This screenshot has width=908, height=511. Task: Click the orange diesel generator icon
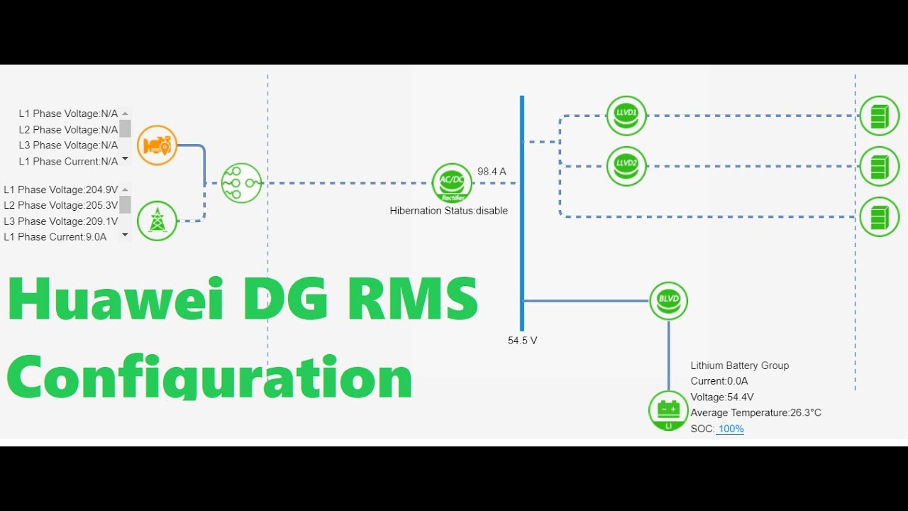pyautogui.click(x=157, y=145)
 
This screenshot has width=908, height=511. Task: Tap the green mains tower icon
pyautogui.click(x=157, y=221)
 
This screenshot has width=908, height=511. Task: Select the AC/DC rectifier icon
pyautogui.click(x=452, y=183)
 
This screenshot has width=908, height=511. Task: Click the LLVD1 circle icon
pyautogui.click(x=626, y=116)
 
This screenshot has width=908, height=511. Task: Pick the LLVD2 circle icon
pyautogui.click(x=626, y=166)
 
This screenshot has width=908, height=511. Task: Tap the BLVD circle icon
pyautogui.click(x=668, y=300)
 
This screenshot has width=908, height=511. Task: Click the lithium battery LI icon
pyautogui.click(x=668, y=411)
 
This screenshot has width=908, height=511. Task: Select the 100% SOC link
pyautogui.click(x=730, y=429)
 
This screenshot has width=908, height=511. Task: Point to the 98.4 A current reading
pyautogui.click(x=492, y=172)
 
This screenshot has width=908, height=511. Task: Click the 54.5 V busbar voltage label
pyautogui.click(x=522, y=341)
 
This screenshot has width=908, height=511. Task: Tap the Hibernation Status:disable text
pyautogui.click(x=448, y=211)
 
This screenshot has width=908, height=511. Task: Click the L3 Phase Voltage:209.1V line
pyautogui.click(x=60, y=221)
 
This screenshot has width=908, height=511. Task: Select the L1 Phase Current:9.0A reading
pyautogui.click(x=55, y=237)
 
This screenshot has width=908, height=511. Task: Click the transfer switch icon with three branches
pyautogui.click(x=241, y=183)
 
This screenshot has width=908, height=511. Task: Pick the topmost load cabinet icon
pyautogui.click(x=879, y=116)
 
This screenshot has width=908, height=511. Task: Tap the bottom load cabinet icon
pyautogui.click(x=879, y=216)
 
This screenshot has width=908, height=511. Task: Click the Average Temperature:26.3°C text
pyautogui.click(x=755, y=412)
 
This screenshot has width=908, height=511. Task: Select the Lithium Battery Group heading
pyautogui.click(x=739, y=366)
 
